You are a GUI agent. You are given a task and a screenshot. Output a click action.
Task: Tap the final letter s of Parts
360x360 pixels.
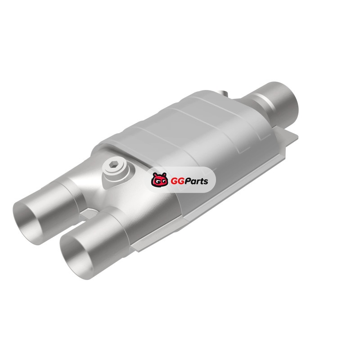[x=206, y=182]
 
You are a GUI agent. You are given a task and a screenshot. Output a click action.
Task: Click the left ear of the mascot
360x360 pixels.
[x=154, y=175]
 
